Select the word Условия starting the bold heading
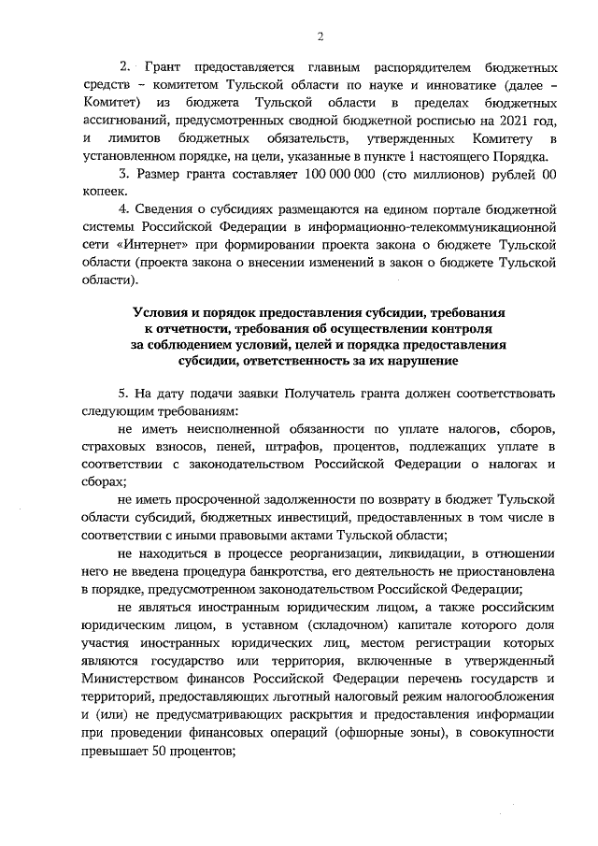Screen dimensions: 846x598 (166, 310)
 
